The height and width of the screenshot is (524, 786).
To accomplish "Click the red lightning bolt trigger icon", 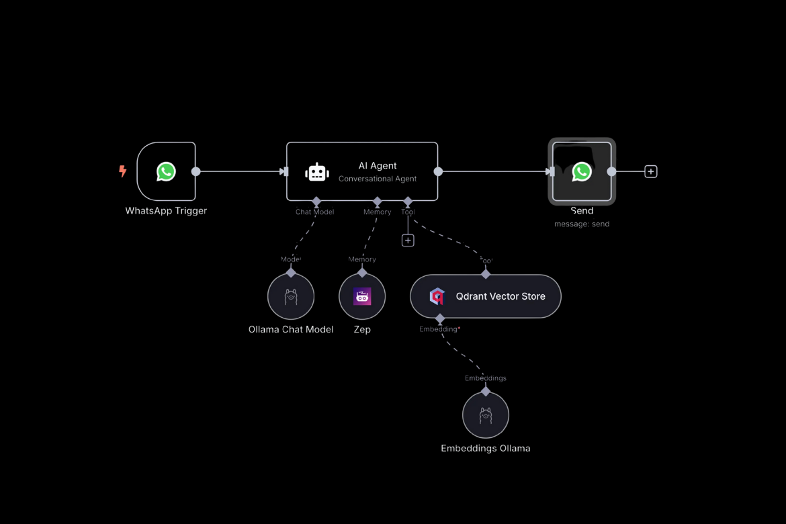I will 123,171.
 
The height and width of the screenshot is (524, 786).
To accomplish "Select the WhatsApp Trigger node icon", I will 166,171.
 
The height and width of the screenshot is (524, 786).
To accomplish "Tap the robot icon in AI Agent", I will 317,172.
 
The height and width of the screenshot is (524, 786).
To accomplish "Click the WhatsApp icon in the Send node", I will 582,171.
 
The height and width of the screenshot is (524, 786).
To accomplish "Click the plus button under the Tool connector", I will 408,241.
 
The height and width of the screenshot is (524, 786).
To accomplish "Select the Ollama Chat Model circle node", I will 291,296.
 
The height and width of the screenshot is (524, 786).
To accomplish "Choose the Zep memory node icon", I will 362,296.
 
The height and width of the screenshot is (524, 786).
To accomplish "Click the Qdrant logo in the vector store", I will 437,296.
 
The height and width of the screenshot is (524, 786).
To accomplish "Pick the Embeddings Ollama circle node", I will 486,415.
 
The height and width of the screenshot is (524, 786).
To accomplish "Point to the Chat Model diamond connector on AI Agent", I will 316,202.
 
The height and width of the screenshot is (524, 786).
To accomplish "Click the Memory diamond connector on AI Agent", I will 378,202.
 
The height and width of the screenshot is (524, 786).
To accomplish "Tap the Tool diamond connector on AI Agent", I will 408,202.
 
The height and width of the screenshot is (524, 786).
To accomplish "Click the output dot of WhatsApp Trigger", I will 196,171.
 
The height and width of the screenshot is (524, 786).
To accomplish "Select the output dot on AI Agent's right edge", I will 438,171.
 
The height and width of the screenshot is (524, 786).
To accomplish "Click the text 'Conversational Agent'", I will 378,179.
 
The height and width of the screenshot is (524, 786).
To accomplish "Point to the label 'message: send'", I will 582,224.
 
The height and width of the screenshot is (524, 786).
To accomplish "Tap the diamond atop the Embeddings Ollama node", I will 486,391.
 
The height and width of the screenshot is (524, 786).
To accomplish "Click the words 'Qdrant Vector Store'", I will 500,296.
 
